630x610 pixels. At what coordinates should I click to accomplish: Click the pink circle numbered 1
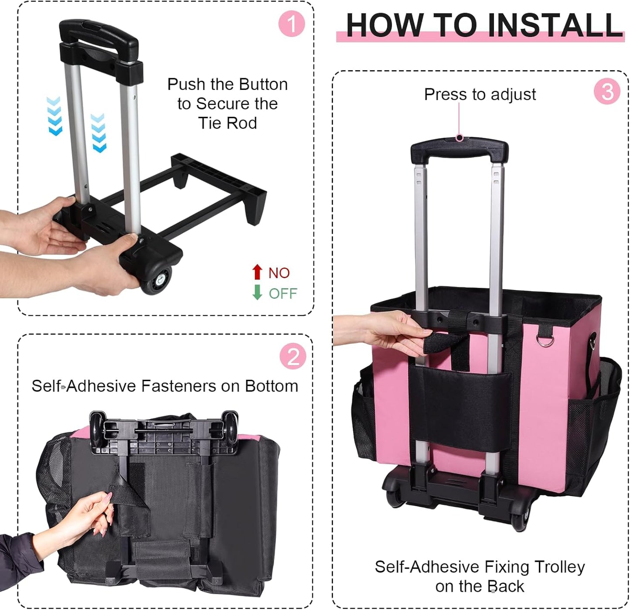coord(291,24)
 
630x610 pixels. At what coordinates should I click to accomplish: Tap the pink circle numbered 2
coord(293,356)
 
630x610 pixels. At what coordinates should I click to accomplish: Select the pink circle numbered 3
coord(607,92)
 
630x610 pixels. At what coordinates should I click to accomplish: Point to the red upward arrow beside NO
coord(257,272)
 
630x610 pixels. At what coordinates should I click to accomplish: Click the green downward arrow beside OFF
coord(257,292)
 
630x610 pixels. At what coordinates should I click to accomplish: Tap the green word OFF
coord(283,293)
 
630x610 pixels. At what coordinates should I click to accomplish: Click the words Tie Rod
coord(228,123)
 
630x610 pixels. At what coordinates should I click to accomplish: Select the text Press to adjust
coord(480,94)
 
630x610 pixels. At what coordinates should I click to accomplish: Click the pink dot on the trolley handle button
coord(459,138)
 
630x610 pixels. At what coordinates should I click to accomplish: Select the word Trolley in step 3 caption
coord(559,567)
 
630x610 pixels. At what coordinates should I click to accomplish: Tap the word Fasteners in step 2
coord(178,386)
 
